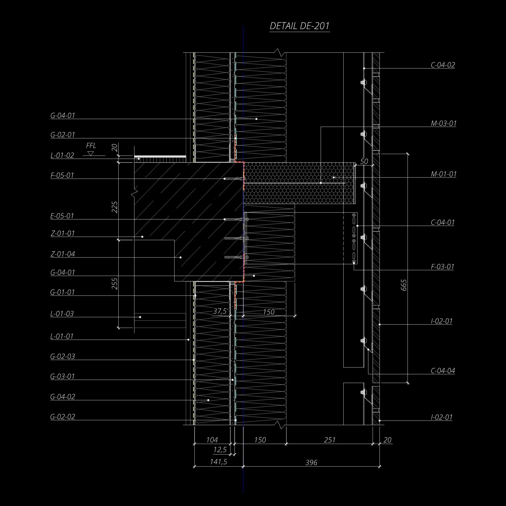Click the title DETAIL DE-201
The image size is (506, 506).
(x=299, y=26)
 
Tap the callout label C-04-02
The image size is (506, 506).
(x=443, y=65)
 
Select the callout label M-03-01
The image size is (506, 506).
(x=444, y=123)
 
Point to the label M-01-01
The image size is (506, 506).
(x=444, y=174)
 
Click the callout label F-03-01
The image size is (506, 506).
(x=442, y=267)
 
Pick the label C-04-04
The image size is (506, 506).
(x=443, y=371)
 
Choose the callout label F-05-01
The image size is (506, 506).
(x=62, y=175)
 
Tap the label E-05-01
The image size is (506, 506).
(x=62, y=216)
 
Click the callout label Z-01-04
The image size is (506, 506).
(x=62, y=254)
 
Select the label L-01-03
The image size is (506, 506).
(x=62, y=313)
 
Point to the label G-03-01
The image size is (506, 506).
(x=62, y=376)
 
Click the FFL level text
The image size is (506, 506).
(x=91, y=146)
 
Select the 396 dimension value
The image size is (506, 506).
(x=311, y=463)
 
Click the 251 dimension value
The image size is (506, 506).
(x=330, y=440)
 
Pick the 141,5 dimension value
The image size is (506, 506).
(x=218, y=462)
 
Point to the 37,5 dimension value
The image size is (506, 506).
(x=220, y=311)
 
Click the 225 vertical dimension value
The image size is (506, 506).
(x=115, y=207)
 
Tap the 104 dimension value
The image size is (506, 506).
(x=212, y=440)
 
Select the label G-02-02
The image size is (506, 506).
(x=62, y=417)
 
